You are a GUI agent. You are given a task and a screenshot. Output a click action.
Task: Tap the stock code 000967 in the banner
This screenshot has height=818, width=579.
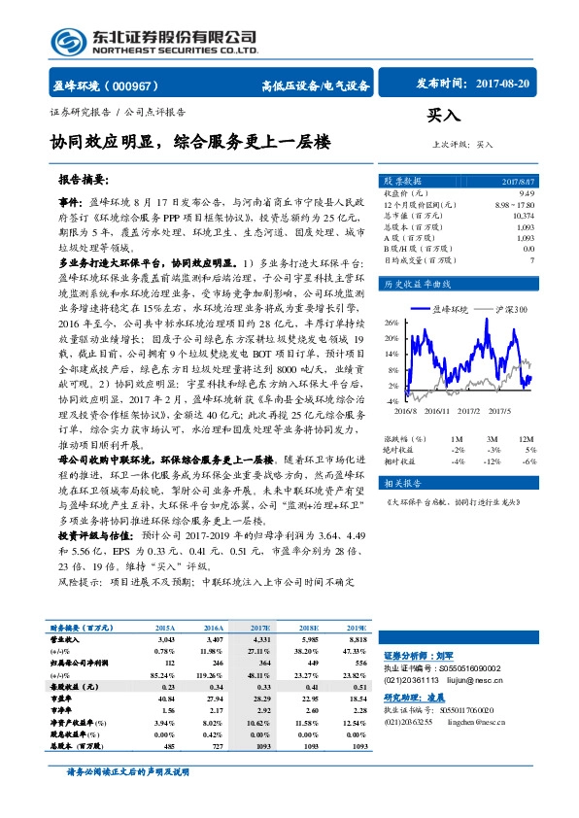132,85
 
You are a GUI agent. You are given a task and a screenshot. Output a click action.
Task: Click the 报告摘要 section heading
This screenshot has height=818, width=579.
84,182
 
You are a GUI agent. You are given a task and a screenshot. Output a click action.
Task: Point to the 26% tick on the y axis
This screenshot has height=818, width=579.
392,322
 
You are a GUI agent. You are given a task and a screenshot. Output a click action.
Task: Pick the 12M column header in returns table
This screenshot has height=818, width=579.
527,439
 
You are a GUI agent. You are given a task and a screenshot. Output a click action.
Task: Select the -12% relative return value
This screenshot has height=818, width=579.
493,461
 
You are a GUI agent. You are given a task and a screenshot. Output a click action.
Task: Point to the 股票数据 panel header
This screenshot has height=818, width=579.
403,181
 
